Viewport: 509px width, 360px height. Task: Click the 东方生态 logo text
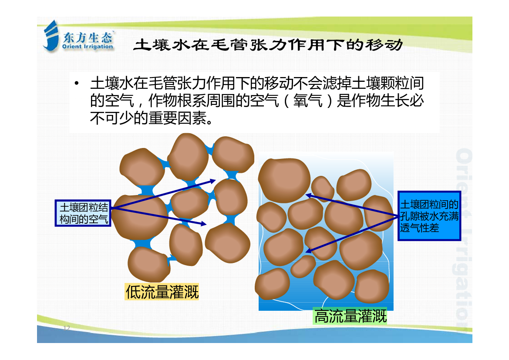(x=88, y=37)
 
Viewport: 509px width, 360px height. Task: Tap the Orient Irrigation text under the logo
(x=88, y=47)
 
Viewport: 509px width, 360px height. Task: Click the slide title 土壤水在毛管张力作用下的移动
(x=268, y=45)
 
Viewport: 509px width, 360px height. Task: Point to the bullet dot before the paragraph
(x=77, y=84)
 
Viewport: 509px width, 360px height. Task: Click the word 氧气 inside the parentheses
(x=307, y=101)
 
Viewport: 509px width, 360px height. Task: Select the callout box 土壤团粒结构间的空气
(x=83, y=213)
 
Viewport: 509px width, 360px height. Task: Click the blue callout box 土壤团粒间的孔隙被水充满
(x=429, y=216)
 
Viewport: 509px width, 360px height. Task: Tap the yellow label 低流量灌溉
(x=162, y=292)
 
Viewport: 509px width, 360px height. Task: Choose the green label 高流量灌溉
(x=350, y=316)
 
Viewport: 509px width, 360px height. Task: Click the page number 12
(x=67, y=327)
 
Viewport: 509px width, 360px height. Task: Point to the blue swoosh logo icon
(x=51, y=36)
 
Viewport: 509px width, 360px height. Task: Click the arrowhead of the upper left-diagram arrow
(x=213, y=181)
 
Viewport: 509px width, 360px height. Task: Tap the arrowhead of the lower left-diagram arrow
(x=203, y=223)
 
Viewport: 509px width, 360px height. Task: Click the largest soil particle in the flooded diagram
(x=284, y=180)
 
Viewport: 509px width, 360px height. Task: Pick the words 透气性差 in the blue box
(x=419, y=228)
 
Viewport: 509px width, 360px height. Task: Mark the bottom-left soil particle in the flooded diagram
(x=272, y=283)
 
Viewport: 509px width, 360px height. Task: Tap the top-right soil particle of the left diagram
(x=233, y=155)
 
